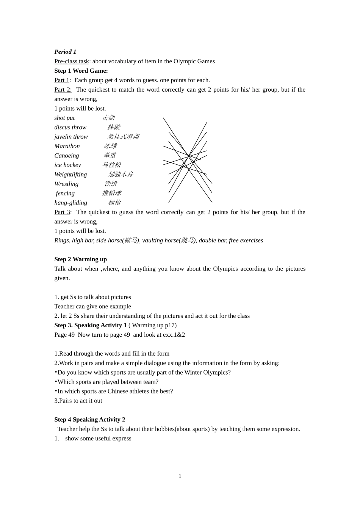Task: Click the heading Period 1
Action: coord(65,52)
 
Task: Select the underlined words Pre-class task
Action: coord(72,61)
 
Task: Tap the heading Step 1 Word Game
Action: coord(81,71)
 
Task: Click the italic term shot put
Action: coord(64,118)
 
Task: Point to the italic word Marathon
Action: coord(67,146)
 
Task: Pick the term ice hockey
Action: coord(67,165)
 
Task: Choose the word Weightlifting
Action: coord(70,175)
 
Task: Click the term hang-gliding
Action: coord(70,203)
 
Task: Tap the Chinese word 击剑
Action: coord(108,118)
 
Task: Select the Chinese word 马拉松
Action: coord(111,165)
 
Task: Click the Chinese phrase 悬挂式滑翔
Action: coord(123,137)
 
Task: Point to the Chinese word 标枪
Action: coord(114,203)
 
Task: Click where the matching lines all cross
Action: coord(188,156)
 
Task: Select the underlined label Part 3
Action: coord(62,212)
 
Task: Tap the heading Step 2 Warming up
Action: coord(80,259)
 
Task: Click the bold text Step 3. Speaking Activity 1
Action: coord(91,325)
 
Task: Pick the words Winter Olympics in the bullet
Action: coord(207,373)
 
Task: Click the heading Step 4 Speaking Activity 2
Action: coord(89,420)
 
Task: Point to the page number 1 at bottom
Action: coord(180,476)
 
